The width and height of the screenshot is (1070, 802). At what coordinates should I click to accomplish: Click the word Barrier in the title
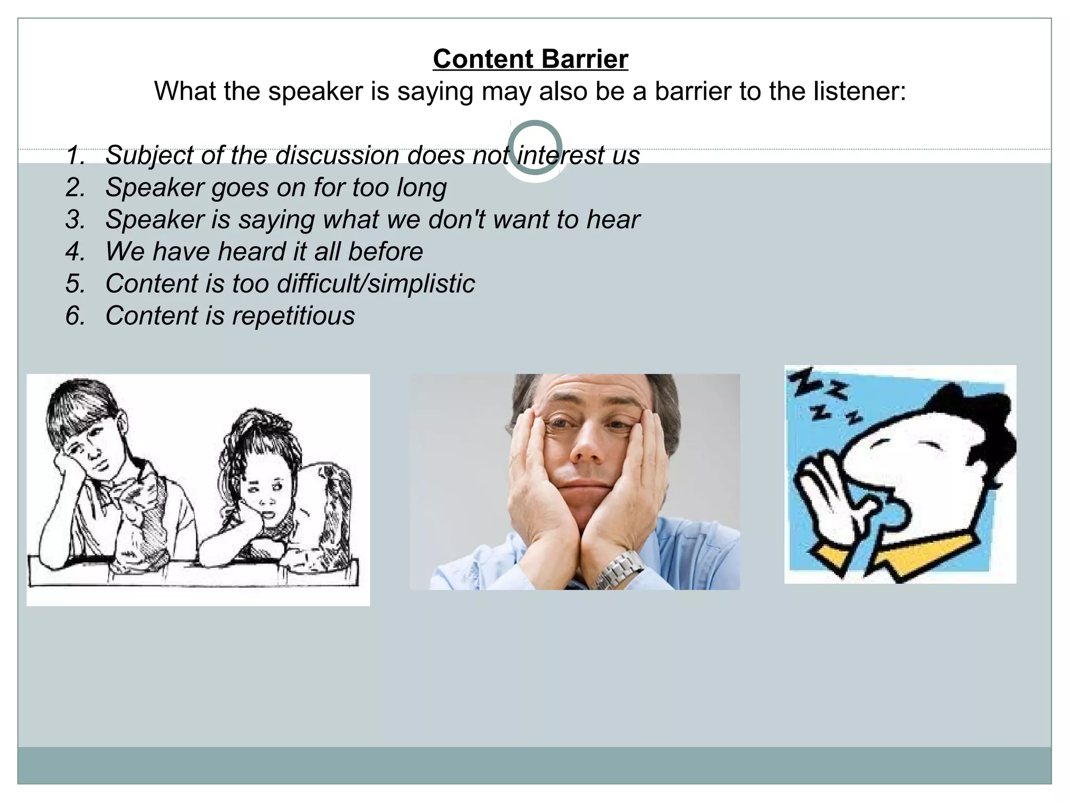click(585, 59)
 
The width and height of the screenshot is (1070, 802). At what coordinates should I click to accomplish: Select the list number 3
click(75, 219)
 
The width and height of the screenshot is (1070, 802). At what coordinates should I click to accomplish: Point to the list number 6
click(75, 316)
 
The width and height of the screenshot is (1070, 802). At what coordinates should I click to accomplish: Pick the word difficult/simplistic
click(376, 284)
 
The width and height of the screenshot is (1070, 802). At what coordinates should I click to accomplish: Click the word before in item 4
click(386, 252)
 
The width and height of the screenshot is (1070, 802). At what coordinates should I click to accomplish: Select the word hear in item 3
click(613, 219)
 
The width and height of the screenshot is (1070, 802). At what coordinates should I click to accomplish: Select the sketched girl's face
click(264, 491)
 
